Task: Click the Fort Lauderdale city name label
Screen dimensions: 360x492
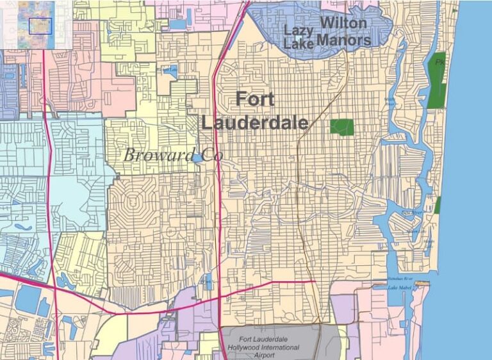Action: [x=255, y=110]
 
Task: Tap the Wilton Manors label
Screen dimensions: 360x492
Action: [x=344, y=31]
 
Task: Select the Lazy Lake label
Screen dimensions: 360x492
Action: [x=299, y=37]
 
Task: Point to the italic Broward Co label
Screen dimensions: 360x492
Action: [x=168, y=154]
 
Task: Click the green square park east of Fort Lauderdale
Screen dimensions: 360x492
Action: [x=342, y=126]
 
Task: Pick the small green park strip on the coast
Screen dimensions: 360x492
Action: [x=438, y=205]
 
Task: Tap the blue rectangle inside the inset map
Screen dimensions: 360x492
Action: [x=40, y=26]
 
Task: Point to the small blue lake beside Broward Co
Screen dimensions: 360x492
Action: [x=199, y=158]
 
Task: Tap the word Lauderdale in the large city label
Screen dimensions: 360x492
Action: [x=255, y=122]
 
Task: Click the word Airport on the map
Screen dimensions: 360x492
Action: [x=269, y=354]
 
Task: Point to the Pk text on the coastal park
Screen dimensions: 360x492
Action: [x=439, y=62]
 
